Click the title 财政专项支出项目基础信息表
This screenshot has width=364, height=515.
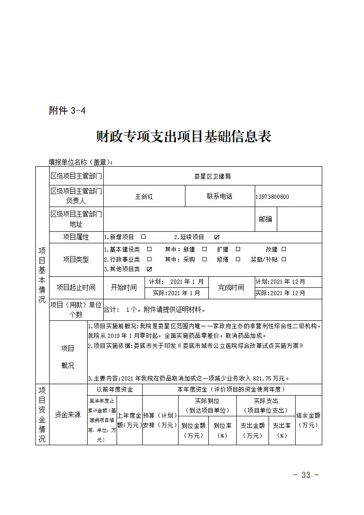pos(184,137)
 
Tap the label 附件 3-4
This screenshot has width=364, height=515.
pos(67,111)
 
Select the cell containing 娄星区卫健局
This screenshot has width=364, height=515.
pos(213,176)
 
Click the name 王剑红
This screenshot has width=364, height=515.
pos(144,196)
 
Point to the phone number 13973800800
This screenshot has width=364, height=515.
pos(272,197)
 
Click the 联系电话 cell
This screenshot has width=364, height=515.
pos(219,196)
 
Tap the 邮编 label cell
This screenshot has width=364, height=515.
pos(266,219)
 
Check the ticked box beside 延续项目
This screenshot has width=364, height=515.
pos(217,237)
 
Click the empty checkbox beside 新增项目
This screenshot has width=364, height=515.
pos(143,237)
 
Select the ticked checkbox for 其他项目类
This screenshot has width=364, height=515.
pos(149,269)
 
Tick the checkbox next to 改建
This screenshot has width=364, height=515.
pos(284,249)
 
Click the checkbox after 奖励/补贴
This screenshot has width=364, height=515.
pos(284,259)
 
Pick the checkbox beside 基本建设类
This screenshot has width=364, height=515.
pos(149,249)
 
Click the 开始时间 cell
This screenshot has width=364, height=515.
pos(124,288)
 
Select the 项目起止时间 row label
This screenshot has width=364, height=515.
pos(76,288)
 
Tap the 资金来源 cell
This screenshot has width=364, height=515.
pos(67,414)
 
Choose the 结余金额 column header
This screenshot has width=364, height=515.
pos(308,420)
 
